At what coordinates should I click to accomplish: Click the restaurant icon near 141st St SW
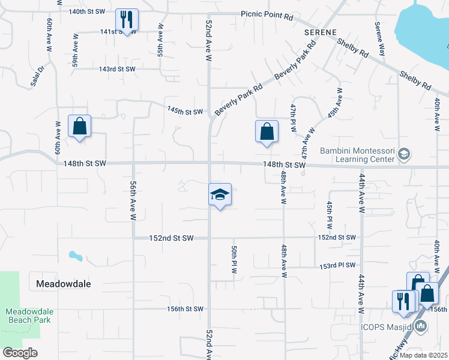[127, 20]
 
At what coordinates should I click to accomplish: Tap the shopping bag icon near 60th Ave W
[79, 127]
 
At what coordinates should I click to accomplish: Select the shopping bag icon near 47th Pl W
[267, 131]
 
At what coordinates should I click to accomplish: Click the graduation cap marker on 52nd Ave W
[220, 194]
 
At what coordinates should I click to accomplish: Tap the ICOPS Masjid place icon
[421, 326]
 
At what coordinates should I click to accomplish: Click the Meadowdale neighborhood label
[64, 284]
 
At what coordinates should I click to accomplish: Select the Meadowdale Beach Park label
[30, 316]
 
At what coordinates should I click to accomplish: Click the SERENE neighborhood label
[320, 32]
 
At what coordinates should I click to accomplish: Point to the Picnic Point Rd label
[267, 13]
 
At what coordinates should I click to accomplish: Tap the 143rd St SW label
[117, 69]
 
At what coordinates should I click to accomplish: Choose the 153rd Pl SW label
[338, 265]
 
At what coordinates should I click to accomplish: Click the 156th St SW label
[185, 309]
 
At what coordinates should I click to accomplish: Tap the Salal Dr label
[38, 76]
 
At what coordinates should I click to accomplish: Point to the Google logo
[20, 353]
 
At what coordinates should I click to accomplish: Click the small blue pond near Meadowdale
[76, 256]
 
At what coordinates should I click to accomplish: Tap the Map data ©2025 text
[423, 355]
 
